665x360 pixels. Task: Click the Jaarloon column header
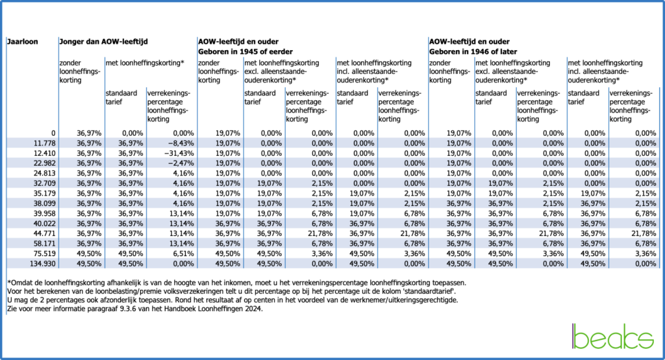pos(23,42)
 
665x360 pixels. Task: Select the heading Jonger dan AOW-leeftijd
pos(104,42)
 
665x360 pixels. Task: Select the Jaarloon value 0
pos(53,133)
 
